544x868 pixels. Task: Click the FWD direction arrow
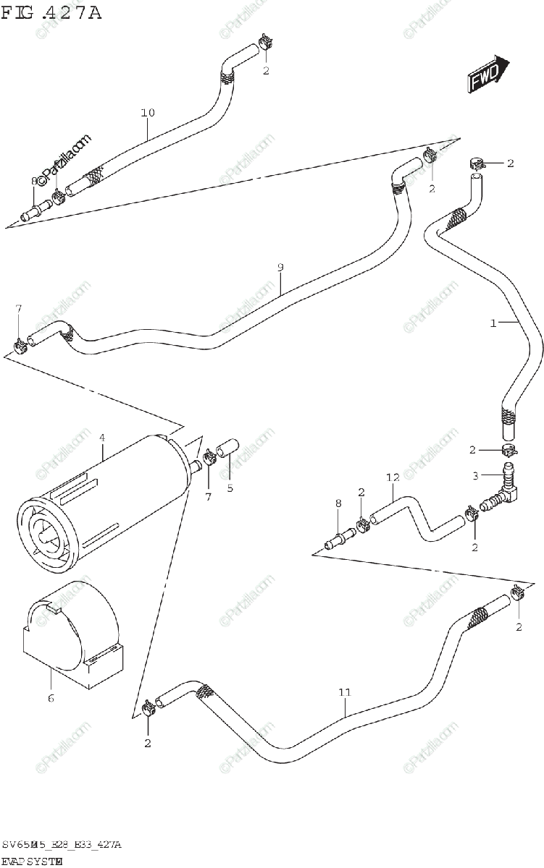486,75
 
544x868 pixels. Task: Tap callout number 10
148,113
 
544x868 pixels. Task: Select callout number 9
280,268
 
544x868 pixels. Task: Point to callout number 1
493,323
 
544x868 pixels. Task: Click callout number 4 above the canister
102,438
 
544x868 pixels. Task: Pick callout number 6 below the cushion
51,698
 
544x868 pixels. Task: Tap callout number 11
344,692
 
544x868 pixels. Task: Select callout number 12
393,477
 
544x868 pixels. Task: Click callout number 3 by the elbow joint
475,475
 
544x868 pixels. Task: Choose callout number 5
230,488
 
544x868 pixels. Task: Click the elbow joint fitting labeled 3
507,492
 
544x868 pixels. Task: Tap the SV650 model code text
61,845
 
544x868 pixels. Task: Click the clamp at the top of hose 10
265,44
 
